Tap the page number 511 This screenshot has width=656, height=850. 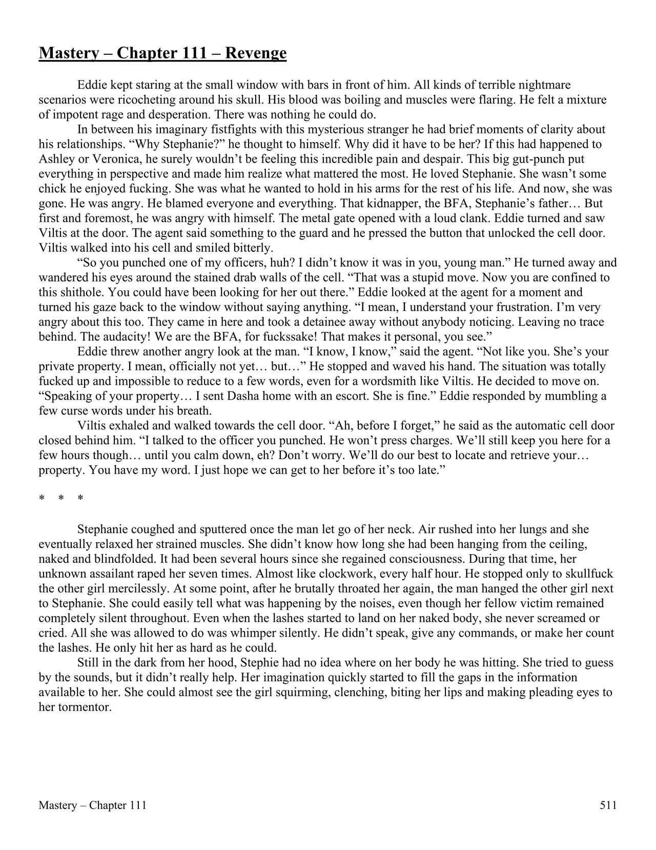click(608, 805)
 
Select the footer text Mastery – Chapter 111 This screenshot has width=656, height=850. click(92, 805)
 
